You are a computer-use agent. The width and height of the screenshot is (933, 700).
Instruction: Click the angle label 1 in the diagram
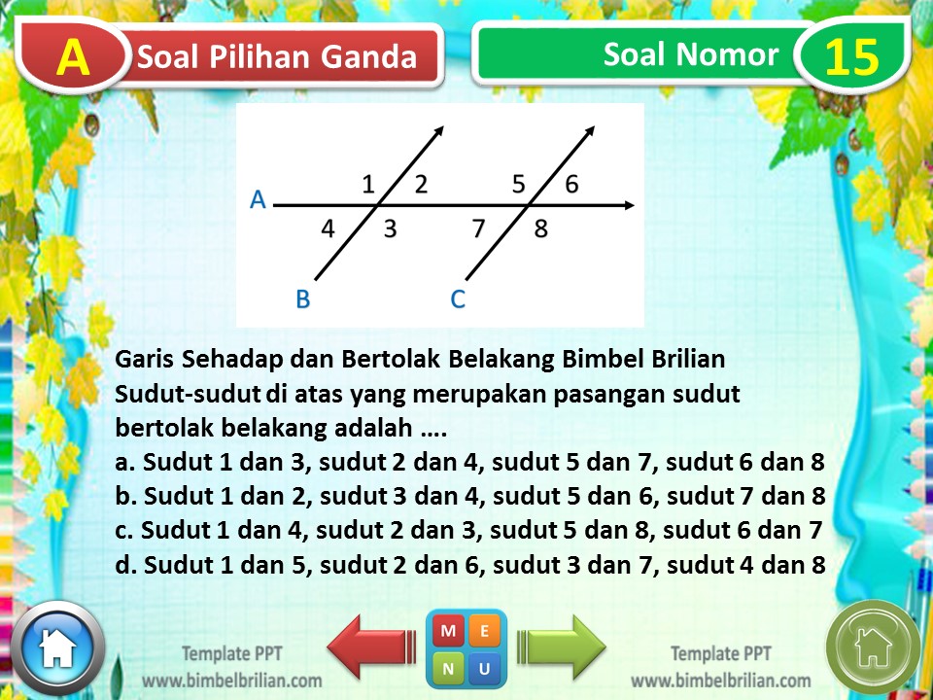pos(368,184)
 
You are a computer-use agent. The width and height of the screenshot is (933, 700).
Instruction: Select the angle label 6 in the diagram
pos(571,184)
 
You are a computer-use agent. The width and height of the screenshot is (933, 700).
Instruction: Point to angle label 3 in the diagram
pos(389,229)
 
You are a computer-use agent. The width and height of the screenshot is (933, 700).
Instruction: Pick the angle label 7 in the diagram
pos(478,229)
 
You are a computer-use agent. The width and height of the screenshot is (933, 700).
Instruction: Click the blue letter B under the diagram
pos(302,298)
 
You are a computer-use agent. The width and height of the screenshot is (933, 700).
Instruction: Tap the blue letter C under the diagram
pos(458,298)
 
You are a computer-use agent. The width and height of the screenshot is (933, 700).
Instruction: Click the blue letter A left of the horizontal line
pos(258,199)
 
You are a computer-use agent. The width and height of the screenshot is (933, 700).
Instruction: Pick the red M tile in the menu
pos(449,631)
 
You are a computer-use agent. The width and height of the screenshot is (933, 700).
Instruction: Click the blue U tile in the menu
pos(484,667)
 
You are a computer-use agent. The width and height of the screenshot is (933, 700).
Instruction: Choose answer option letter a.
pos(121,463)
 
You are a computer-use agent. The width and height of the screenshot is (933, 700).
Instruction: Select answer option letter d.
pos(121,565)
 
